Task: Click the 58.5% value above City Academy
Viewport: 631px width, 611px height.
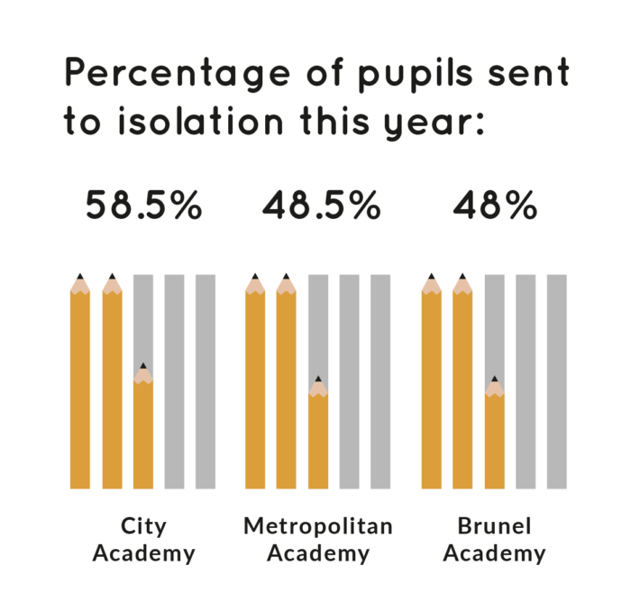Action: click(x=143, y=206)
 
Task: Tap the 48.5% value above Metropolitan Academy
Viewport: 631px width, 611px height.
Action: click(x=322, y=206)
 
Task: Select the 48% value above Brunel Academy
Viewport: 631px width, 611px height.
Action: click(x=495, y=206)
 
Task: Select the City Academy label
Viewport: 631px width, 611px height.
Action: click(x=143, y=539)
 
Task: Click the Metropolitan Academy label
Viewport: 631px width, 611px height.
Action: click(x=318, y=539)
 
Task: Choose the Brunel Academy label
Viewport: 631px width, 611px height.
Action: click(x=494, y=539)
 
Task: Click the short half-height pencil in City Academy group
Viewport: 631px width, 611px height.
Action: click(x=143, y=433)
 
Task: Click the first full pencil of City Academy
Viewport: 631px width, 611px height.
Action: click(x=80, y=388)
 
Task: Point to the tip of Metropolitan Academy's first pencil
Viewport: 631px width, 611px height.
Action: click(x=255, y=277)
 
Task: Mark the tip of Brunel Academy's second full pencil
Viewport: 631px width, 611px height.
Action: click(x=462, y=277)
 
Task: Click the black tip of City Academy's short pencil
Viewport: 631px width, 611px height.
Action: click(x=143, y=366)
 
